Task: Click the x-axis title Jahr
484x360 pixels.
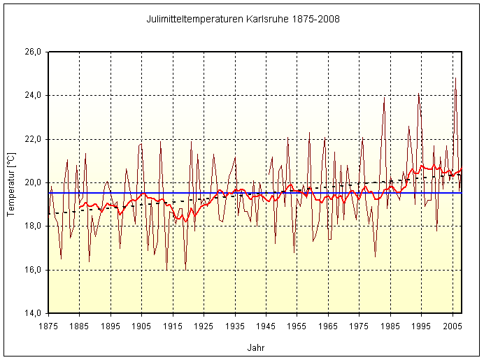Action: [256, 347]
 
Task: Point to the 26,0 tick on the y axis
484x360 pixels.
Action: [34, 52]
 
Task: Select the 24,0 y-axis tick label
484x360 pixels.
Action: [34, 95]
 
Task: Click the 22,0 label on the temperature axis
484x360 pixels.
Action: [34, 139]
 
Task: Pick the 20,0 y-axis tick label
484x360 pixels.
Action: [34, 182]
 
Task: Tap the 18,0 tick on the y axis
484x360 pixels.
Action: [34, 226]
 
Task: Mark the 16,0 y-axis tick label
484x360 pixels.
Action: [34, 270]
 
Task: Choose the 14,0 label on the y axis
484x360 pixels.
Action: [34, 313]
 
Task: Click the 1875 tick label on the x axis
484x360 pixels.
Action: [48, 326]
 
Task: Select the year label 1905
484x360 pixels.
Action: [141, 326]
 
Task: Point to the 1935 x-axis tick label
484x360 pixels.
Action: [235, 326]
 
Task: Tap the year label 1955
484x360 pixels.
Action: [297, 326]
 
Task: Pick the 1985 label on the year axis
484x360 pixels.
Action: [390, 326]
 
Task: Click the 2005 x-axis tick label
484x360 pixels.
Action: [453, 326]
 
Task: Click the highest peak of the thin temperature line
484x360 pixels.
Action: [455, 78]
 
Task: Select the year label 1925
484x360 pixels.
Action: [204, 326]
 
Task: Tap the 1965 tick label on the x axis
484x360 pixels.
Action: [328, 326]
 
